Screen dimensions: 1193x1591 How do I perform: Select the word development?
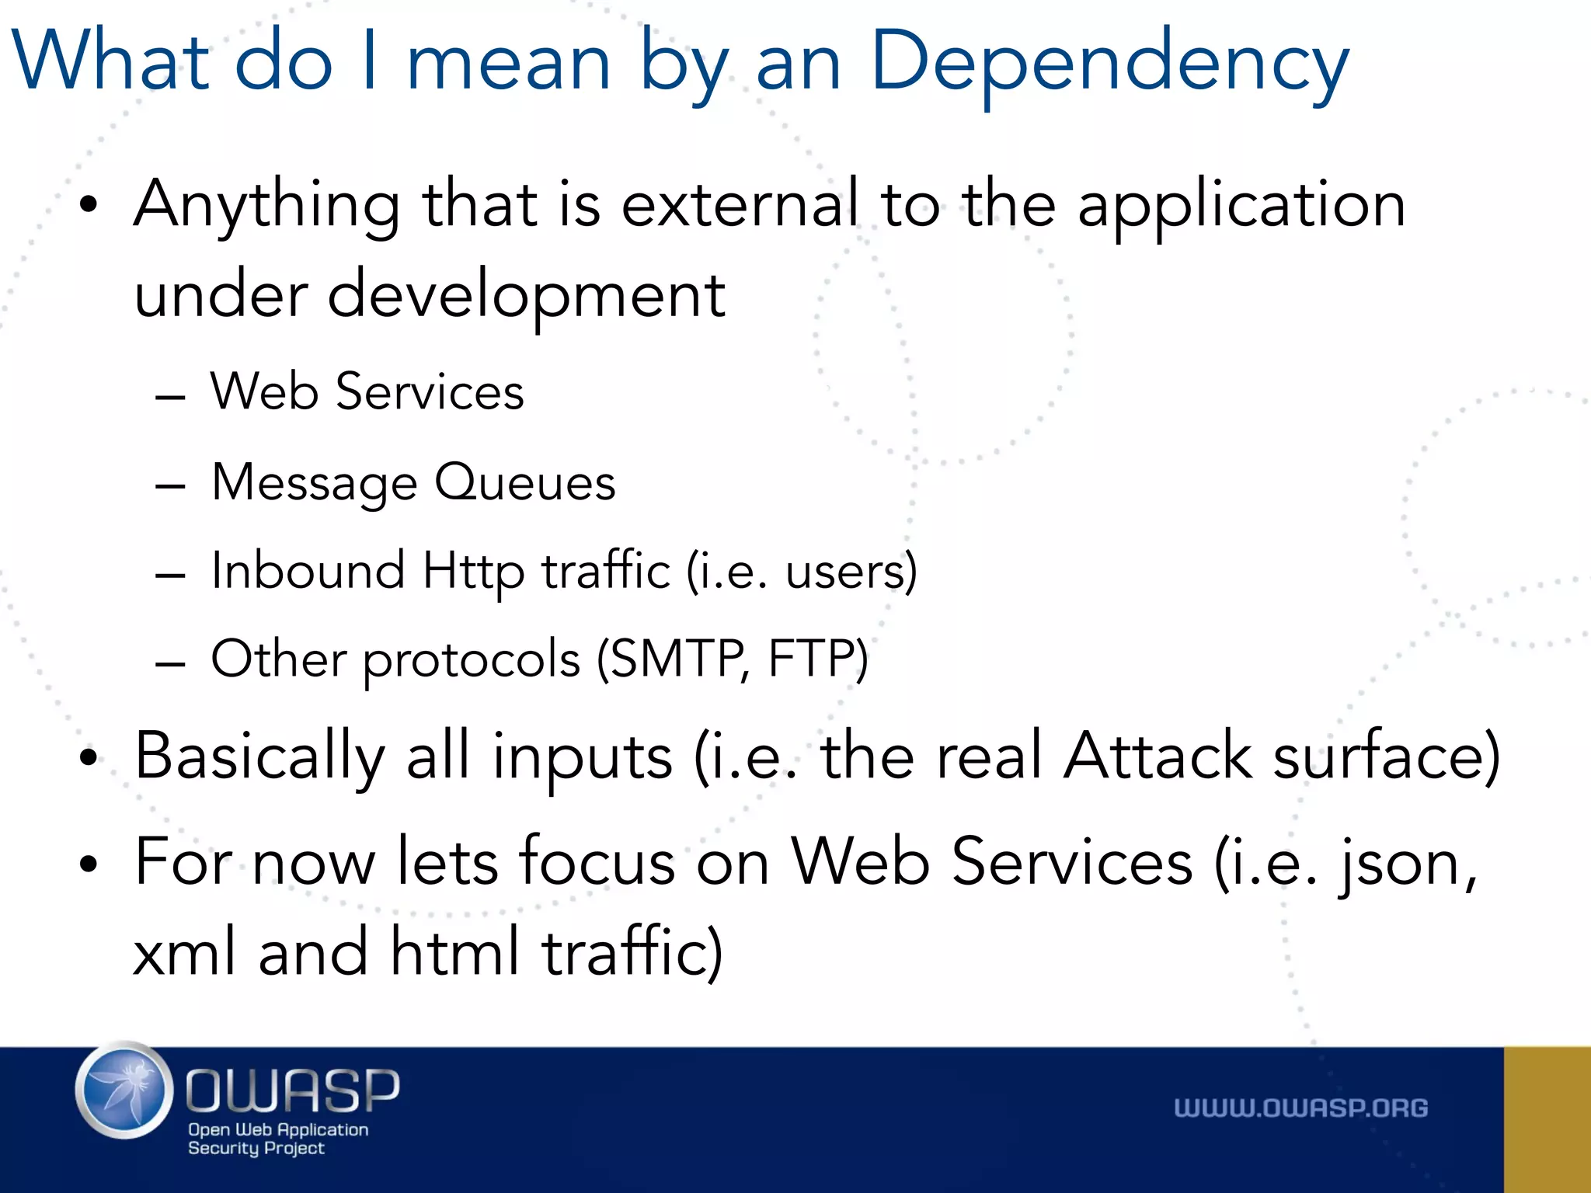pyautogui.click(x=526, y=297)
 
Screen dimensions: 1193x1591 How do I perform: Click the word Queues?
pyautogui.click(x=525, y=482)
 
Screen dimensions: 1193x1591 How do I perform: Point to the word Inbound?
pyautogui.click(x=308, y=571)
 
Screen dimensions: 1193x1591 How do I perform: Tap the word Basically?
pyautogui.click(x=259, y=757)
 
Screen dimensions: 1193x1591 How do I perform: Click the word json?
pyautogui.click(x=1406, y=864)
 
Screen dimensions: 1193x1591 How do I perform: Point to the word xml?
pyautogui.click(x=185, y=952)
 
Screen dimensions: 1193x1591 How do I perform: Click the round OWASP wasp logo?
pyautogui.click(x=124, y=1090)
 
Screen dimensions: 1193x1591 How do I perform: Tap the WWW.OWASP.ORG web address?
pyautogui.click(x=1300, y=1108)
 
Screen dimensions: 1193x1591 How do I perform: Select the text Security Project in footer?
pyautogui.click(x=256, y=1148)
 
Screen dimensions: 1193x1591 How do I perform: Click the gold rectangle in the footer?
pyautogui.click(x=1547, y=1119)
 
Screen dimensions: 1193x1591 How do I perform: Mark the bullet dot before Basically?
pyautogui.click(x=89, y=759)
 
